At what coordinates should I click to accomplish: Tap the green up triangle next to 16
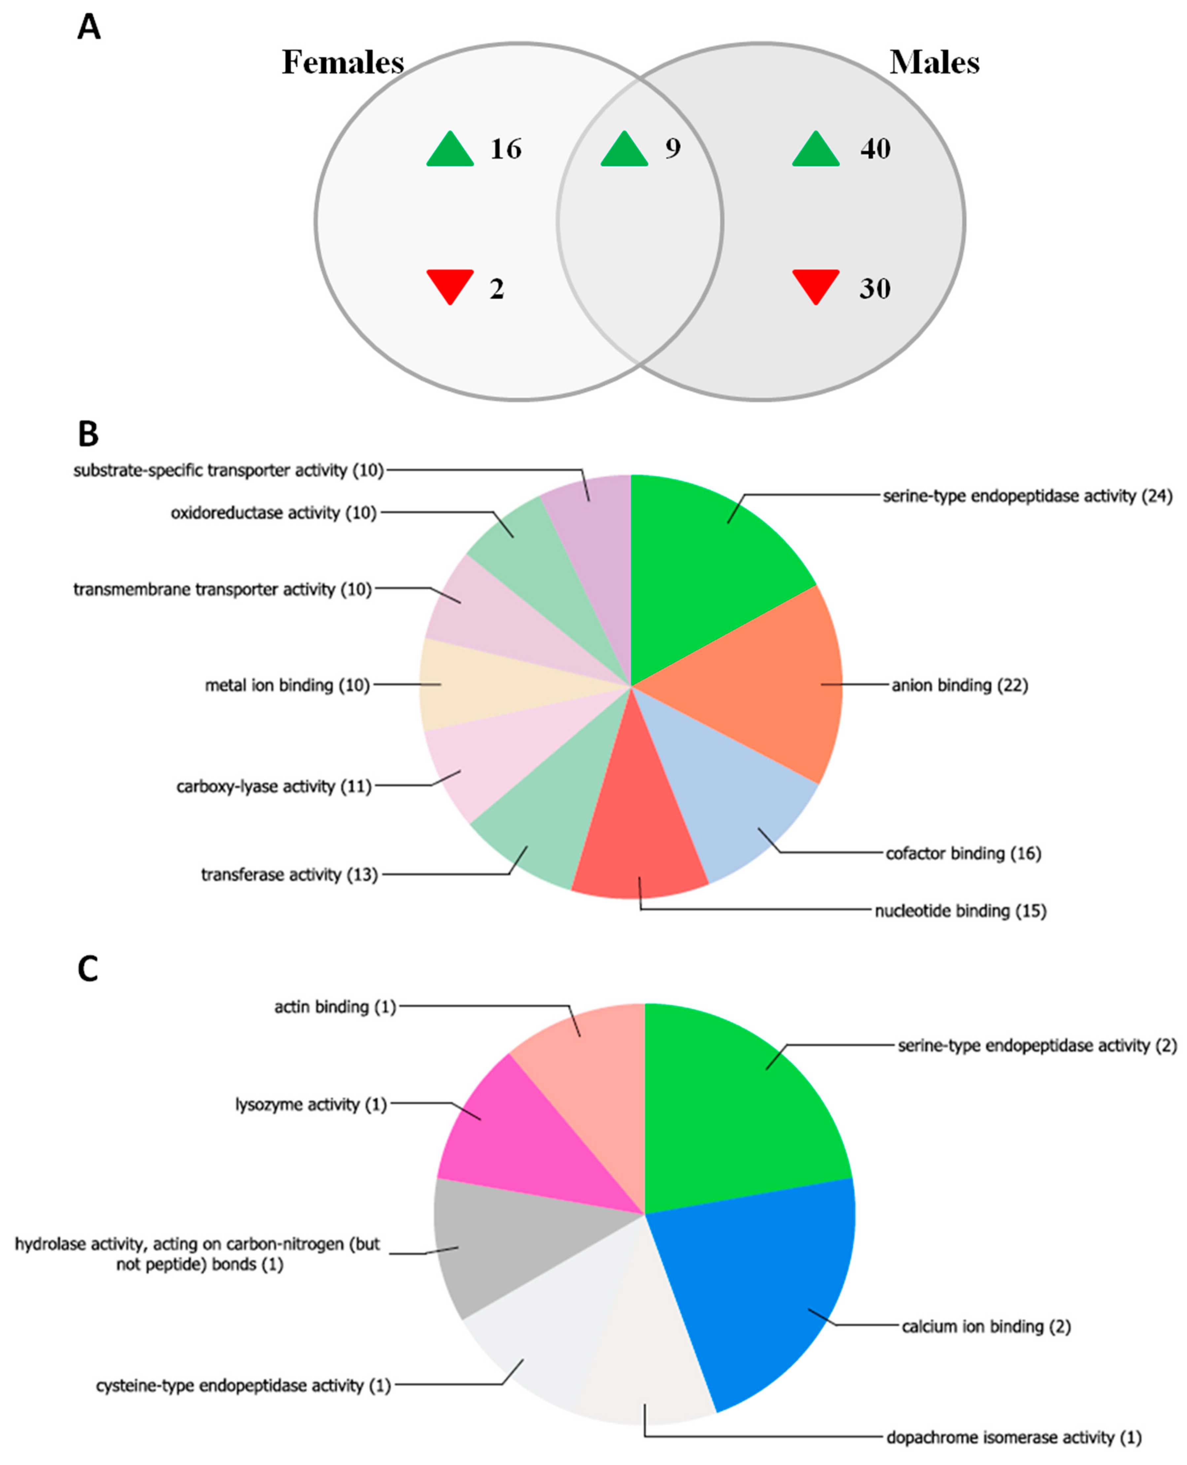(x=450, y=151)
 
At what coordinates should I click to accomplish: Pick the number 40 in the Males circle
(x=875, y=148)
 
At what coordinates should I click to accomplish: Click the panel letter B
(x=88, y=434)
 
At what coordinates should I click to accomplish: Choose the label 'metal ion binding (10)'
(x=287, y=685)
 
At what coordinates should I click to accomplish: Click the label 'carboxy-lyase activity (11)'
(x=274, y=786)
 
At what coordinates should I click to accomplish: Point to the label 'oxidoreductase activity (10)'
(x=274, y=513)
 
